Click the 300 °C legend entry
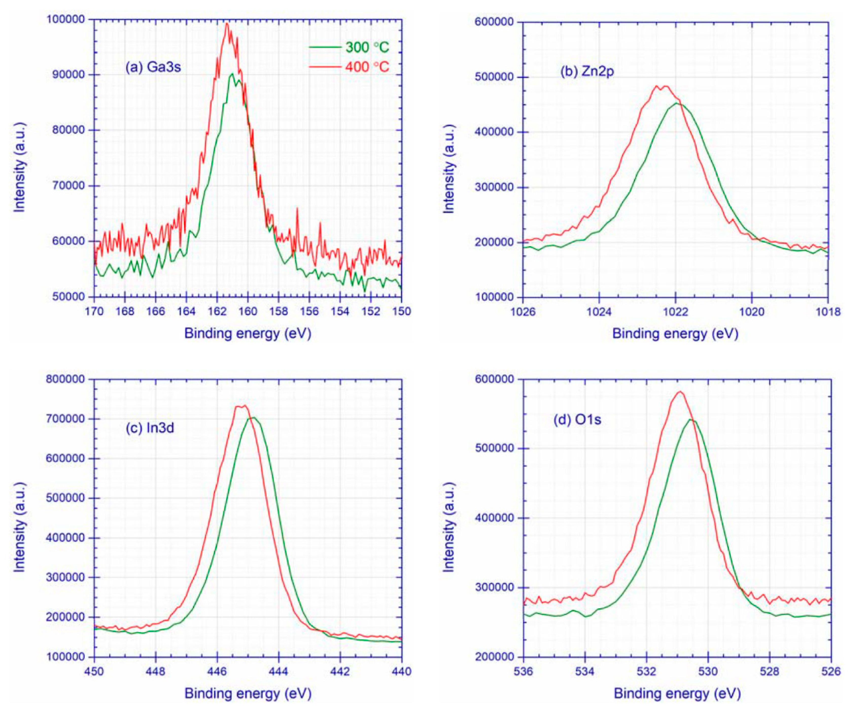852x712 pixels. pos(349,47)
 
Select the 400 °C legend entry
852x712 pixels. pos(349,66)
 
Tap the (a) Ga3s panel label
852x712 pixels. pos(153,66)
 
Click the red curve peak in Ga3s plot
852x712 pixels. pos(227,24)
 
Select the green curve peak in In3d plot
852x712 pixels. pos(253,418)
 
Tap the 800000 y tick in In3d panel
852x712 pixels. pos(65,379)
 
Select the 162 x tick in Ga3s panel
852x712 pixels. pos(217,311)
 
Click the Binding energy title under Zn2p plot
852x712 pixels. pos(675,334)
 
